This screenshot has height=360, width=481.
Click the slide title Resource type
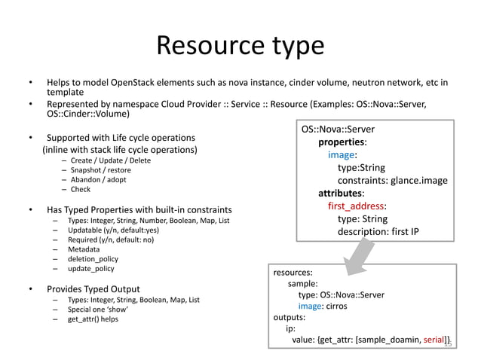click(x=240, y=46)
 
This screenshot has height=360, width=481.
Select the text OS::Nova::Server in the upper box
click(x=338, y=130)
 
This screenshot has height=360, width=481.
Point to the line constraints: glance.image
click(x=392, y=181)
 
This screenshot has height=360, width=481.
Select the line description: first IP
click(x=378, y=231)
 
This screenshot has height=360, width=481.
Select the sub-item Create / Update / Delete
click(x=110, y=160)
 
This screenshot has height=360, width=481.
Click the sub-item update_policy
click(x=90, y=268)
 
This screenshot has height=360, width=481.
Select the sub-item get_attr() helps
click(x=93, y=319)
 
